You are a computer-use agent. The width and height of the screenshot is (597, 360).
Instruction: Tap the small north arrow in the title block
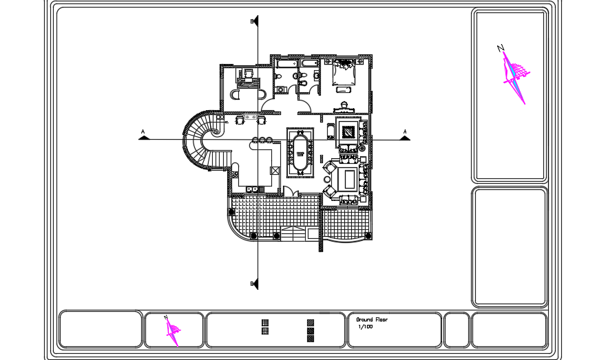pos(173,330)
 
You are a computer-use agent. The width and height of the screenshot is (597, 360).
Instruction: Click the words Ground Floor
pos(372,320)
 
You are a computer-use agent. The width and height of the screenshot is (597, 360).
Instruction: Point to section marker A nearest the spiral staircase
pos(143,135)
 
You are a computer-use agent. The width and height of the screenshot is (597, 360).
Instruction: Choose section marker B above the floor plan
pos(254,22)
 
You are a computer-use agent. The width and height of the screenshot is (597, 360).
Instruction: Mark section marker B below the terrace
pos(254,284)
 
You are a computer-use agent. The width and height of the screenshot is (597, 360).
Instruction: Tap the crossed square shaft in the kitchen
pos(275,170)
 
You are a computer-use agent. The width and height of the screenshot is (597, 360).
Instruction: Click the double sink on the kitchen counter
pos(253,187)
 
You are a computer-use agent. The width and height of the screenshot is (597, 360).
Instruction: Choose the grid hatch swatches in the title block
pos(265,326)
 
